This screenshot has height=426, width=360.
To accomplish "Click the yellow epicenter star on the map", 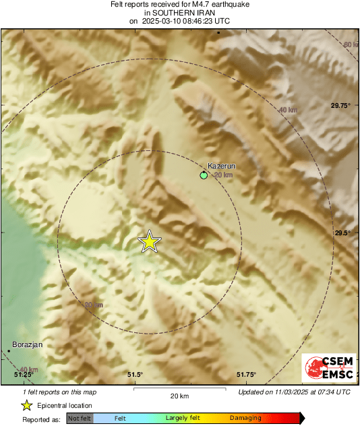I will [x=149, y=241].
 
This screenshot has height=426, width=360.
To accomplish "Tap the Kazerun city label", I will [x=221, y=166].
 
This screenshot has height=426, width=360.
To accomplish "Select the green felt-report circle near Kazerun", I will [x=204, y=175].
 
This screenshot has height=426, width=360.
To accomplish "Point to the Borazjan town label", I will [x=28, y=344].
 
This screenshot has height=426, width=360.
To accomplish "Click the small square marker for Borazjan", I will [x=10, y=351].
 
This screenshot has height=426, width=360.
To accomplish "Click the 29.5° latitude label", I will [x=344, y=233].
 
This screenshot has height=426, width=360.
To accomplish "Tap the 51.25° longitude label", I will [x=23, y=375].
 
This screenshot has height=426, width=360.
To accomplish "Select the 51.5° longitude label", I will [x=135, y=375].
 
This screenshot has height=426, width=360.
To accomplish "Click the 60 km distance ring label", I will [x=350, y=44].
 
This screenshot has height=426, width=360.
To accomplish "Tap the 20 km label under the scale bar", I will [x=179, y=396].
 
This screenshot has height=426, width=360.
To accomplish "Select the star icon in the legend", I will [x=26, y=405].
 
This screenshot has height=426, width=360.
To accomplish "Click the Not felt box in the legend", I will [x=80, y=419].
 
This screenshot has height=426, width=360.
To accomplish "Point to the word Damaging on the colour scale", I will [x=245, y=419].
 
